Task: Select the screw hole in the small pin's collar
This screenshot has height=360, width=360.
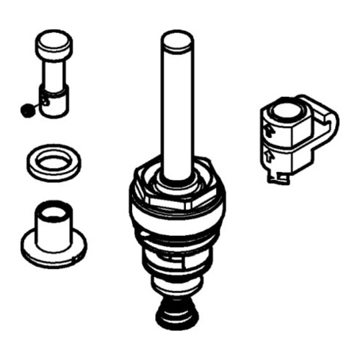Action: pyautogui.click(x=45, y=102)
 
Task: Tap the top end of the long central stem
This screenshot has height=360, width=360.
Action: pyautogui.click(x=178, y=40)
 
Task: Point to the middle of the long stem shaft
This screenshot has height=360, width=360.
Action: pyautogui.click(x=178, y=110)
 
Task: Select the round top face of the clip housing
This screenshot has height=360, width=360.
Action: pyautogui.click(x=286, y=112)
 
